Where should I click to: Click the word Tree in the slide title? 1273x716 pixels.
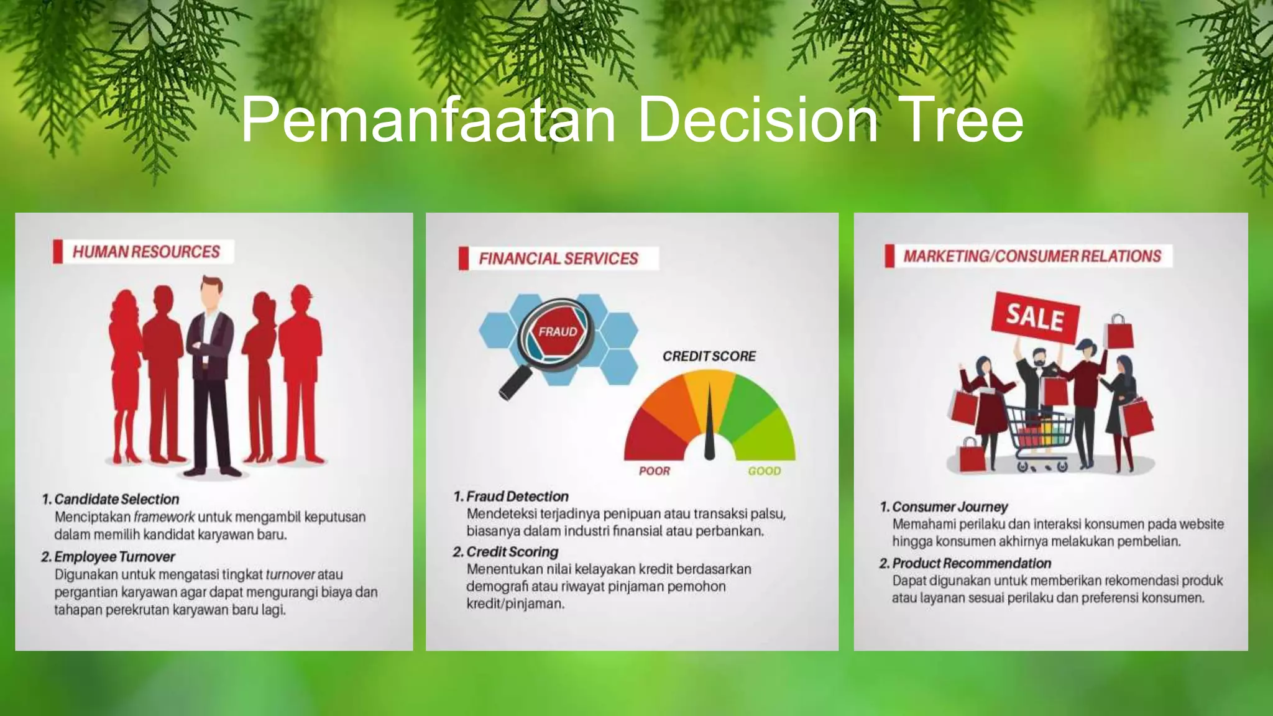tap(955, 119)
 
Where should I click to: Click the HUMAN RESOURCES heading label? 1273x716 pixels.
tap(146, 252)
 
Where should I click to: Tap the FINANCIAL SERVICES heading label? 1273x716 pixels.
tap(558, 259)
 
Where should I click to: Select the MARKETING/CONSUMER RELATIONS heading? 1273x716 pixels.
tap(1032, 256)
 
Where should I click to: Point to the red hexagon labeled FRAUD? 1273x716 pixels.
tap(557, 332)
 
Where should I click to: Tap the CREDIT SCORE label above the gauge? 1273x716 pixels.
tap(709, 356)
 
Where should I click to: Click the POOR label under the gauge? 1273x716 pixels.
tap(654, 471)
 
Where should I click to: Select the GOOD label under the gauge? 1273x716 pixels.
tap(764, 471)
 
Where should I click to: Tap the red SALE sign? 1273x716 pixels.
tap(1035, 316)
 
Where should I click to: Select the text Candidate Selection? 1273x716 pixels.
tap(116, 499)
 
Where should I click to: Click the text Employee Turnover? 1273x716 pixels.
tap(114, 557)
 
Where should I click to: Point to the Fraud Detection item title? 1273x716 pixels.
tap(517, 497)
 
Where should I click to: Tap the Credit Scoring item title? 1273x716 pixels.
tap(512, 552)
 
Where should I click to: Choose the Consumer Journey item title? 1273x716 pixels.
tap(949, 507)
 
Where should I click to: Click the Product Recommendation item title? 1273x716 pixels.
tap(971, 563)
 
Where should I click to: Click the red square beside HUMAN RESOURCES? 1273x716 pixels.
tap(58, 252)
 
